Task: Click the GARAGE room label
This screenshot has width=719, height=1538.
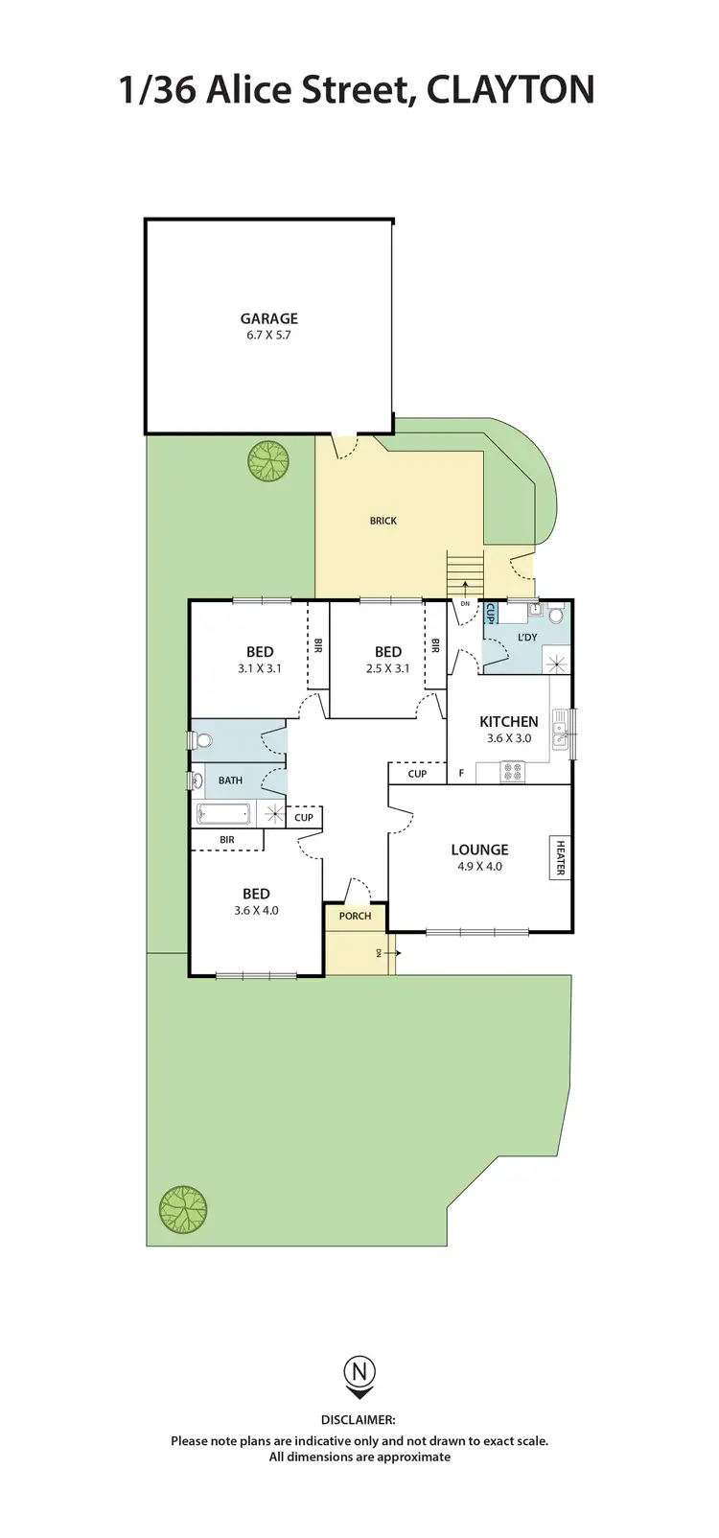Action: pos(268,318)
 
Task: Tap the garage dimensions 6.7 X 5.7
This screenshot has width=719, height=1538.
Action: pos(268,336)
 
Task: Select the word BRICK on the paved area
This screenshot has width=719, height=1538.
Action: pos(383,521)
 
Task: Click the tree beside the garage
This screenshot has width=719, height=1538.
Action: pos(267,460)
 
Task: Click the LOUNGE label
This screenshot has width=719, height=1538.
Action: pos(479,850)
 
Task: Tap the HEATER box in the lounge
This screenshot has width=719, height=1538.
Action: pos(560,858)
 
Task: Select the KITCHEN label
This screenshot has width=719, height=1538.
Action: pos(508,721)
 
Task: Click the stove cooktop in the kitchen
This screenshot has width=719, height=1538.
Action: pos(512,770)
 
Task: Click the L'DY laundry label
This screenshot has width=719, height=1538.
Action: pos(527,637)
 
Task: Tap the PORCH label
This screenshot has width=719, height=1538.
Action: pos(355,916)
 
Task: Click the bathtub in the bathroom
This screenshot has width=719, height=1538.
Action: pos(224,815)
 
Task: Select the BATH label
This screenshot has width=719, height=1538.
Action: pos(230,781)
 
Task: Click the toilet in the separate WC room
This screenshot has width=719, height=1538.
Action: pos(200,740)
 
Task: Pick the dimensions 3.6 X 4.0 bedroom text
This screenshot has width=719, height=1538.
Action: pos(256,910)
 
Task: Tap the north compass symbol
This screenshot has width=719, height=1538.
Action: pos(359,1376)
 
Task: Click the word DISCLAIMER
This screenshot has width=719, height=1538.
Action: pos(359,1420)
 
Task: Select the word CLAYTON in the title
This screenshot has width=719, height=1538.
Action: pos(510,90)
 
